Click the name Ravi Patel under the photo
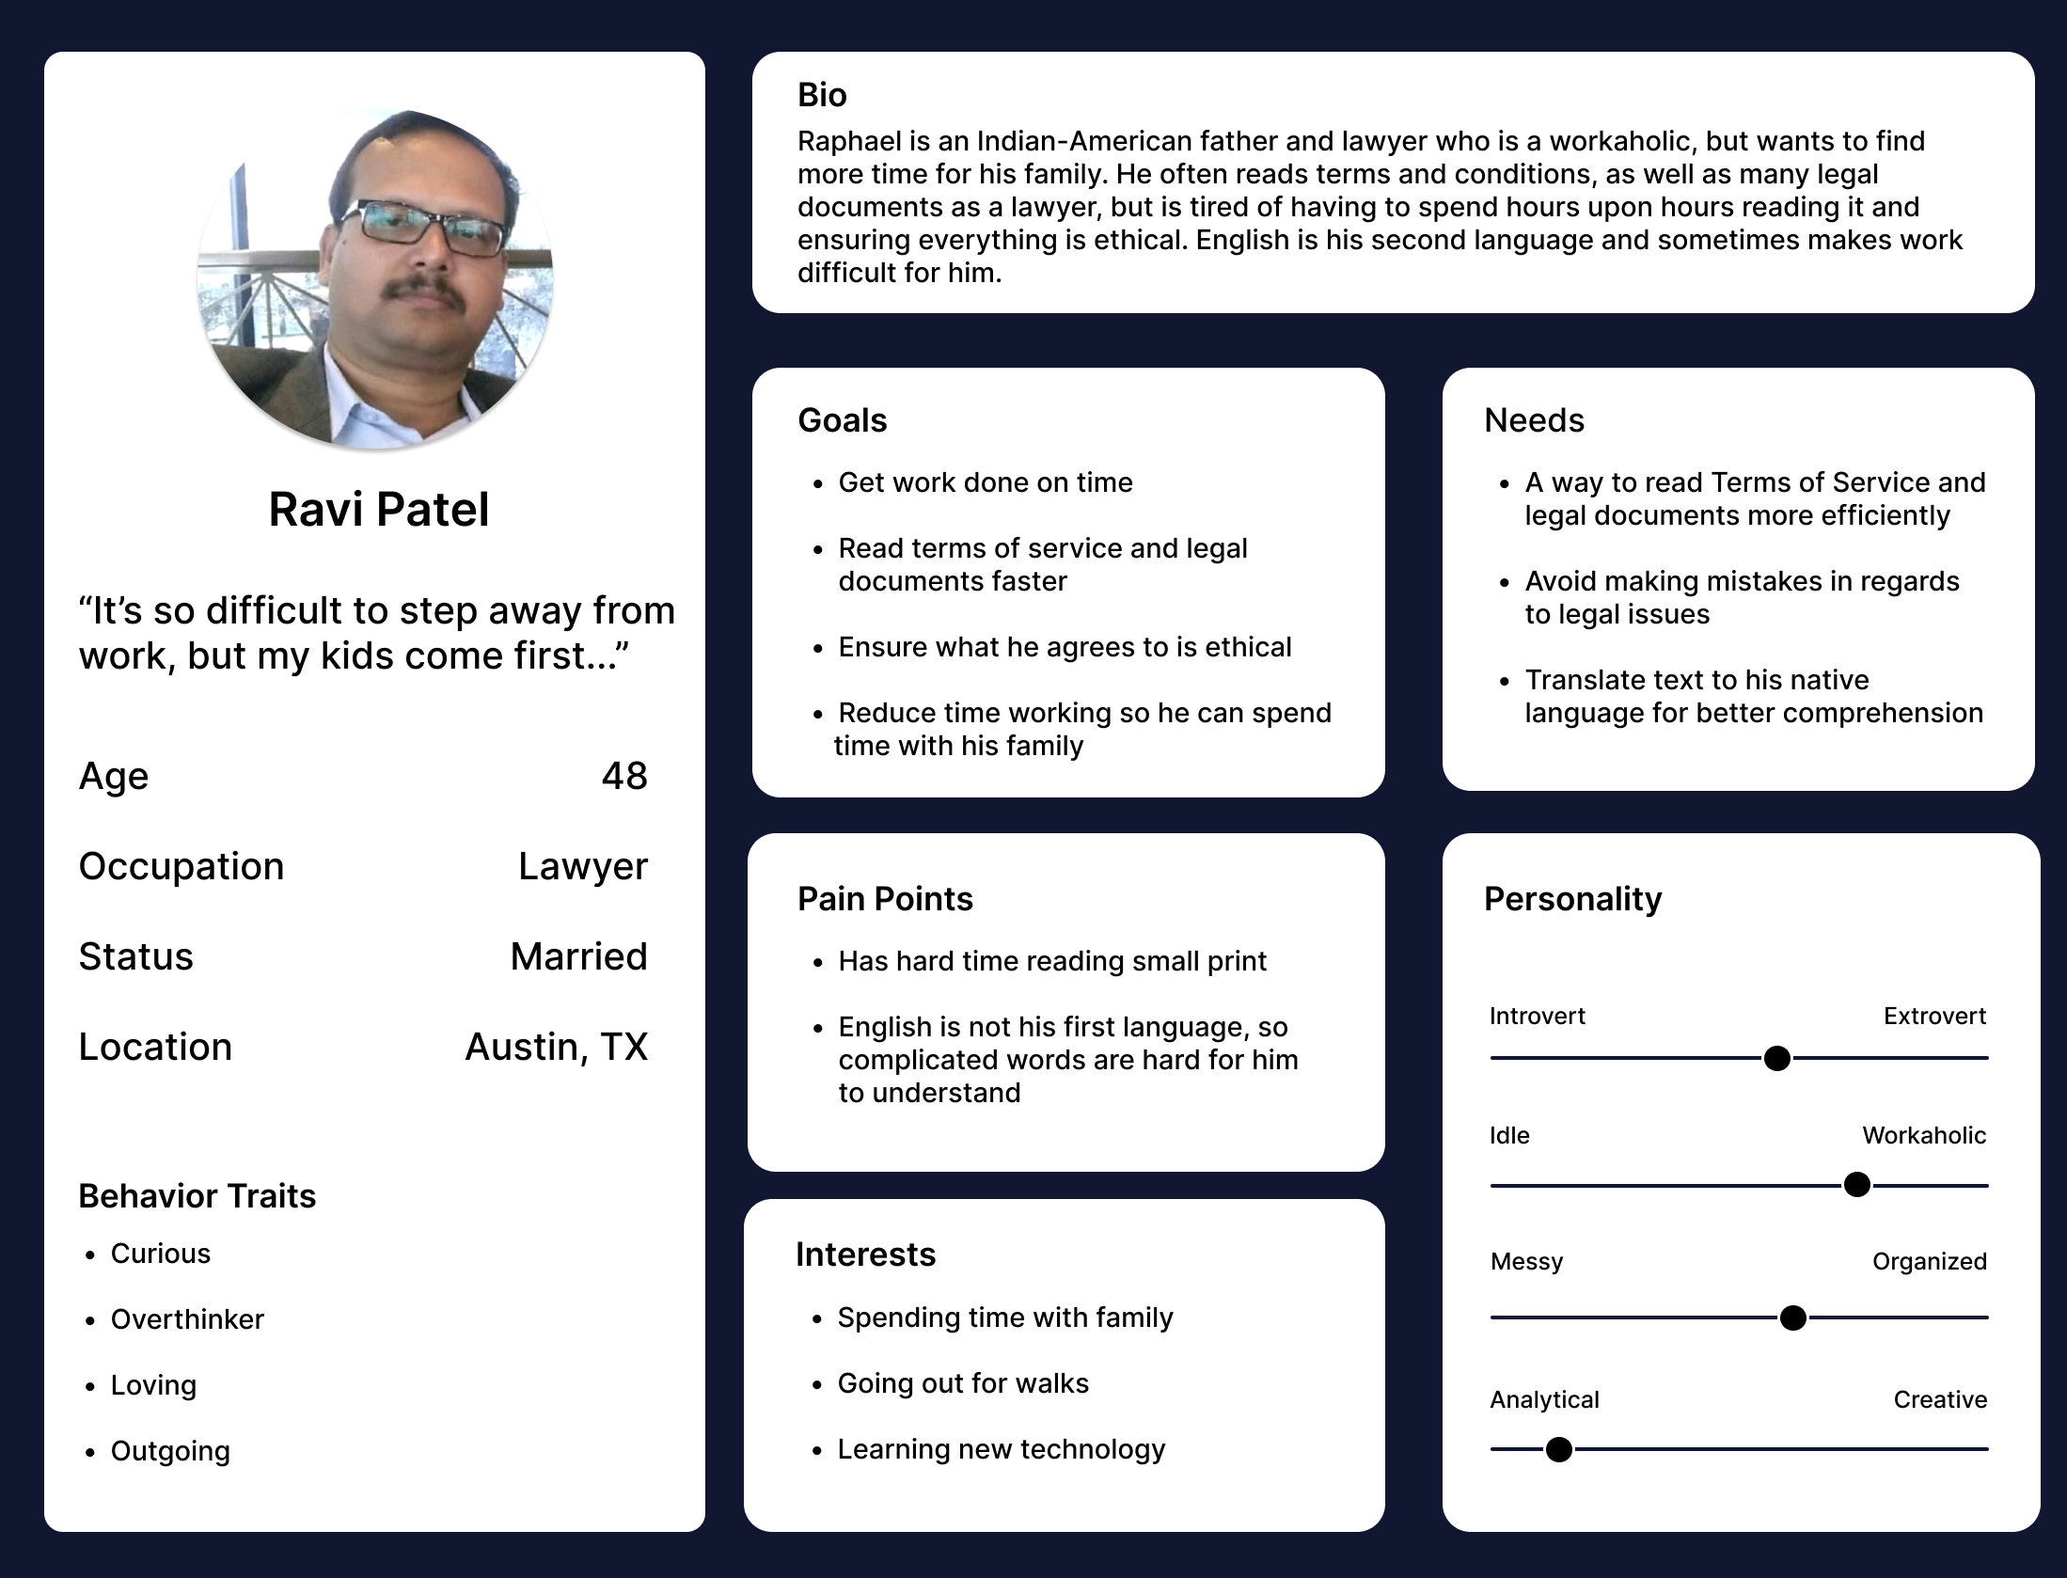coord(378,510)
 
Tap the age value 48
coord(624,776)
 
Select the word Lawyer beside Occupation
coord(583,866)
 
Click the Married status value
coord(578,956)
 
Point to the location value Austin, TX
coord(557,1047)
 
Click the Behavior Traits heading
coord(197,1196)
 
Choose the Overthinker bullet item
coord(187,1319)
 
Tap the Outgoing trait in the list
coord(170,1451)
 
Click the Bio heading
coord(822,95)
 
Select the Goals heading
coord(842,420)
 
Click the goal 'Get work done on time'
coord(986,482)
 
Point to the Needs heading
coord(1534,420)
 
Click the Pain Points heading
coord(885,899)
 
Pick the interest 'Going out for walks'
coord(963,1383)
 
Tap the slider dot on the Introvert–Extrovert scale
coord(1777,1059)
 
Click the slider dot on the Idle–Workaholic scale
coord(1857,1185)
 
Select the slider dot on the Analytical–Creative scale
coord(1559,1450)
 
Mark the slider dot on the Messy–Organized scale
coord(1793,1318)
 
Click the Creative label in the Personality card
coord(1940,1400)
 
